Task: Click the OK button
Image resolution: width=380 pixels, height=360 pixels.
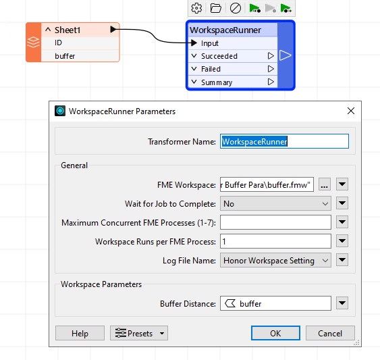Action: [275, 333]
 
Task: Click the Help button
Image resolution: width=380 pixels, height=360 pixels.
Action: [80, 333]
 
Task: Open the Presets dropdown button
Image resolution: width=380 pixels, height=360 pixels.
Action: [139, 333]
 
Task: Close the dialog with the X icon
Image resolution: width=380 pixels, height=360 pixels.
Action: [351, 111]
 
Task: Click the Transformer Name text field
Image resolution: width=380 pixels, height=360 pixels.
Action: [284, 141]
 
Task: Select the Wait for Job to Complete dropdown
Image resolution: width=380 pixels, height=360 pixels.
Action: [275, 203]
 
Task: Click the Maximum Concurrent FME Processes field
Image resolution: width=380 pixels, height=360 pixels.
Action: [275, 222]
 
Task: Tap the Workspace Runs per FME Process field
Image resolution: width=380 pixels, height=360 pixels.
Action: [275, 241]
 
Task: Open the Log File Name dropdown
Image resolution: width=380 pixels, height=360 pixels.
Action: [275, 260]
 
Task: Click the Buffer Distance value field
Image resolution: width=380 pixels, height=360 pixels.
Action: [275, 303]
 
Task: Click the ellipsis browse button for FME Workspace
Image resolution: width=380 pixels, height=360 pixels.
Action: [325, 184]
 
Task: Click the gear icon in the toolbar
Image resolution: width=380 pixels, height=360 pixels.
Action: [196, 8]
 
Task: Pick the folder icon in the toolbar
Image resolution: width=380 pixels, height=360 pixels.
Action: [216, 8]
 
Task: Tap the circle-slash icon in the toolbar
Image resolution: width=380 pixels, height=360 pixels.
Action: [236, 8]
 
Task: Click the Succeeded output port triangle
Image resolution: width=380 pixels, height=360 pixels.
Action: [271, 56]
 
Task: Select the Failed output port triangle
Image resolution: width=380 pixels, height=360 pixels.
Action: [271, 69]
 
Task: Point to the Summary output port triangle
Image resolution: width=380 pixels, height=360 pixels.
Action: [271, 82]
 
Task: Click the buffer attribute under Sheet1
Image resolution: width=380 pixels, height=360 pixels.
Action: [65, 56]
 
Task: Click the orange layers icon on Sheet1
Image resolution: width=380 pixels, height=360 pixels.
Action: [34, 42]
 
